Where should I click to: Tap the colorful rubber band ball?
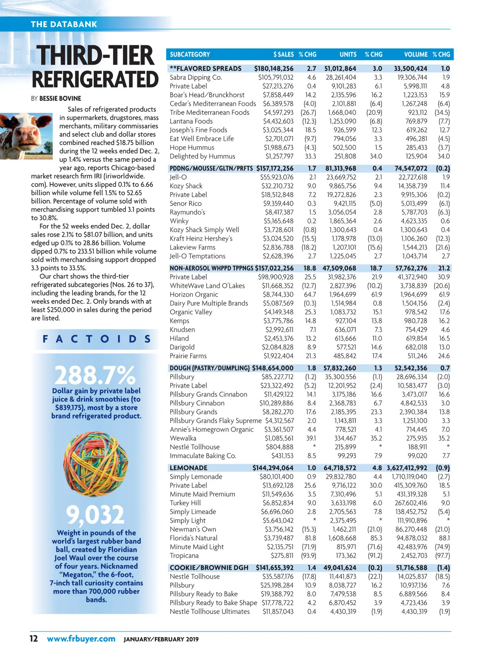96,465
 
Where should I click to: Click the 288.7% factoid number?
95,375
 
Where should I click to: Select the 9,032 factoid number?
95,515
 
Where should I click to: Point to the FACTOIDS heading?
96,339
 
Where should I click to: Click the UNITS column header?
348,54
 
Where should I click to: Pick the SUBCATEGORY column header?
190,54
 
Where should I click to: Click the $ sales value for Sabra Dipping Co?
275,77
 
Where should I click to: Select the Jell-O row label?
178,177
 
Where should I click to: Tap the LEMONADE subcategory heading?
188,468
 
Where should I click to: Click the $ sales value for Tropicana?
282,555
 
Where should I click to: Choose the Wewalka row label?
183,438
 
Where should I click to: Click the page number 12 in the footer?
33,639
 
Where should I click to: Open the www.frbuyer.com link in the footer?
81,639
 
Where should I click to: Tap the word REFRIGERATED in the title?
95,79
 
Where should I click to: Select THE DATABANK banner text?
64,24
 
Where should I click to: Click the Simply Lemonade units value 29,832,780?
341,476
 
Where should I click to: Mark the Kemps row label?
179,321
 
